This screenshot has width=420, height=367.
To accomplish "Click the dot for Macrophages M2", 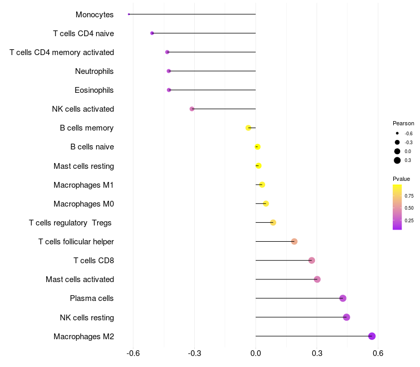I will (372, 336).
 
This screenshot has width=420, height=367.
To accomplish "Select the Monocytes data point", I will (129, 14).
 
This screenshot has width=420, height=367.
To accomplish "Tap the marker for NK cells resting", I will (346, 317).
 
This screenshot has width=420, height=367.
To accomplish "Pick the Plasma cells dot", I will (343, 298).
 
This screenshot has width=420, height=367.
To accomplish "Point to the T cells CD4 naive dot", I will (152, 33).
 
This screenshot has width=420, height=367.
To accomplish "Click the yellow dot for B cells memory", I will (248, 128).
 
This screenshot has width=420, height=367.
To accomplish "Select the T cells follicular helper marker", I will (294, 241).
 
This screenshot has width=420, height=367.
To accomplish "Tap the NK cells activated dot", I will (192, 109).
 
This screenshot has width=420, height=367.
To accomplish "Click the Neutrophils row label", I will (94, 71).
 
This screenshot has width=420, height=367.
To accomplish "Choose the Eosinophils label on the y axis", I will (94, 90).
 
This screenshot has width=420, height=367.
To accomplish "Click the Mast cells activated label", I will (80, 279).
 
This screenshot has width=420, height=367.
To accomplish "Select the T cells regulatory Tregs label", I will (70, 223).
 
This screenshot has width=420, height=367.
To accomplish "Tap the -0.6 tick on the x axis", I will (133, 353).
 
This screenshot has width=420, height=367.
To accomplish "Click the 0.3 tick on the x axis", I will (317, 353).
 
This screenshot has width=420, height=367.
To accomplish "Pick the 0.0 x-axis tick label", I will (256, 353).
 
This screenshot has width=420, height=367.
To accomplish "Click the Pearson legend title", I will (403, 123).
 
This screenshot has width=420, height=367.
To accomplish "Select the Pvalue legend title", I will (402, 179).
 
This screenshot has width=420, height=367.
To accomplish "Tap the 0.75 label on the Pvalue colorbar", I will (409, 196).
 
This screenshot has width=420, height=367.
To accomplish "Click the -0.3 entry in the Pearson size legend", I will (408, 142).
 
